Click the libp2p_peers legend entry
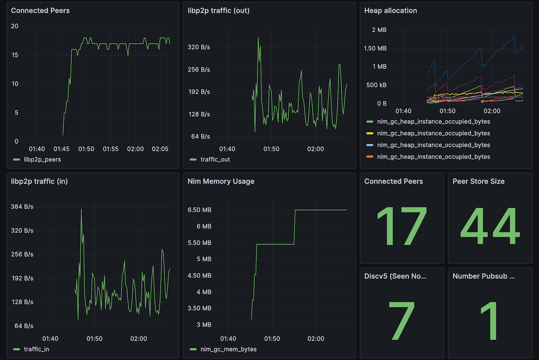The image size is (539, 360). tap(42, 159)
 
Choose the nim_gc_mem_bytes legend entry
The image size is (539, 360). tap(228, 349)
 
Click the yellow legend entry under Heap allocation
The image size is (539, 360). tap(433, 133)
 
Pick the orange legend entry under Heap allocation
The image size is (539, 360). tap(433, 157)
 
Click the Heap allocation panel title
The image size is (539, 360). tap(390, 10)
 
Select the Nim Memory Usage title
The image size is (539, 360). tap(221, 181)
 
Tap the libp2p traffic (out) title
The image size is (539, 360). tap(218, 10)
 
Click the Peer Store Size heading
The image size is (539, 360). tap(478, 181)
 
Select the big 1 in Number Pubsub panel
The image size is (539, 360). tap(490, 321)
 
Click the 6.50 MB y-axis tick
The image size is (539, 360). tap(199, 210)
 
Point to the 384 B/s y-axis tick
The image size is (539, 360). tap(22, 207)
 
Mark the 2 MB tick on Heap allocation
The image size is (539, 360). tap(379, 30)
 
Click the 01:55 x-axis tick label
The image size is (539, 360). tap(110, 149)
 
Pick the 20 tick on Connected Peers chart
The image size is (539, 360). tap(14, 26)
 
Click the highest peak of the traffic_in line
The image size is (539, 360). tap(81, 209)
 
